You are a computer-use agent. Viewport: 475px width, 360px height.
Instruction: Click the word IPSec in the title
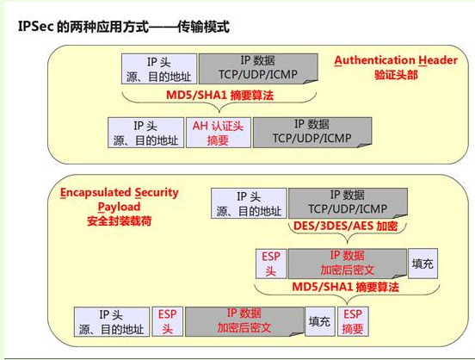pos(36,27)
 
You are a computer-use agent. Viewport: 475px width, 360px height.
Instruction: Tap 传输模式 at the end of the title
pos(203,27)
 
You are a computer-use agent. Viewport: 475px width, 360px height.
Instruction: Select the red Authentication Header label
pos(396,60)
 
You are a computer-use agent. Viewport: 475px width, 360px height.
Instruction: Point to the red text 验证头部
pos(396,75)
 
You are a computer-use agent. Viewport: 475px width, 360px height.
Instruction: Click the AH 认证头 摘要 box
pos(219,133)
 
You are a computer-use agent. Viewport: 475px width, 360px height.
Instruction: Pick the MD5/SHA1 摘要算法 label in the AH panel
pos(219,96)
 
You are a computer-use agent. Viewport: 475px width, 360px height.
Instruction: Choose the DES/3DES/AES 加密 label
pos(345,226)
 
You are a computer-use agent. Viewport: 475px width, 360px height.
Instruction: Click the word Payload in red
pos(119,207)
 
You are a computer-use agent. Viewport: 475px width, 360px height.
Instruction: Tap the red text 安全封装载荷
pos(119,220)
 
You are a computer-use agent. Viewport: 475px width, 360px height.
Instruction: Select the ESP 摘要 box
pos(353,321)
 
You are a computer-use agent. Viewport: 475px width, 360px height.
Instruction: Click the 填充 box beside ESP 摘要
pos(320,321)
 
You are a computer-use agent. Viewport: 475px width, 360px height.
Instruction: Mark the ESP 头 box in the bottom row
pos(168,321)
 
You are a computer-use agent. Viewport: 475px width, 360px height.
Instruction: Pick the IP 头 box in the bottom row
pos(112,322)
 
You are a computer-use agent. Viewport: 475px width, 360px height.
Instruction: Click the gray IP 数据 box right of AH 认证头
pos(312,133)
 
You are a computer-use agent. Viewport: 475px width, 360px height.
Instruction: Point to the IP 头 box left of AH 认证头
pos(146,133)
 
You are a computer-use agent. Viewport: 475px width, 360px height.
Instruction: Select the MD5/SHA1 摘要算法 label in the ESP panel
pos(345,287)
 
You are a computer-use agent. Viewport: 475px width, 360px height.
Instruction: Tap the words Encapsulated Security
pos(120,193)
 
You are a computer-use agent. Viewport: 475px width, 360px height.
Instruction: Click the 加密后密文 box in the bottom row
pos(244,321)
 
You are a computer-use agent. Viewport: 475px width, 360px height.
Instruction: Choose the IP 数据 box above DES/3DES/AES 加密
pos(348,203)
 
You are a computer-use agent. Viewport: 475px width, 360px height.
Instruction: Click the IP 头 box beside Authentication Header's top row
pos(159,69)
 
